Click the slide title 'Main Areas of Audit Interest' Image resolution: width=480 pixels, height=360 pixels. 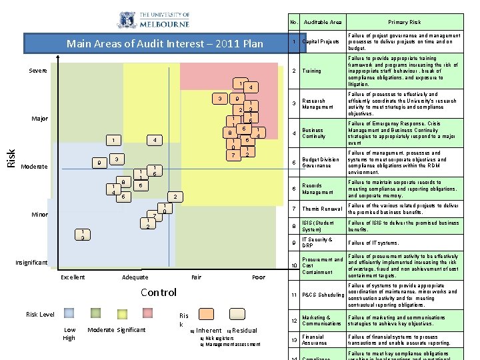click(x=165, y=45)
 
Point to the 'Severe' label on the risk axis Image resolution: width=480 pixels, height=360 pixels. click(x=38, y=71)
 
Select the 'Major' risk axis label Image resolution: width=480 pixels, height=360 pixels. click(x=40, y=119)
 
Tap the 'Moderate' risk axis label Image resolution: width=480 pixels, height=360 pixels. click(x=34, y=166)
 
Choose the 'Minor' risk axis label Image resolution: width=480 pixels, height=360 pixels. click(x=39, y=215)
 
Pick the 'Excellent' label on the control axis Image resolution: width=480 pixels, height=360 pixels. click(x=73, y=277)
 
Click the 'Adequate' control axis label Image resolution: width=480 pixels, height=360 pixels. click(x=135, y=277)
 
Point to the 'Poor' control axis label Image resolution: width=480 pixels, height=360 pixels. click(x=259, y=277)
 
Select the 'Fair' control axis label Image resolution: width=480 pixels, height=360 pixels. click(x=197, y=277)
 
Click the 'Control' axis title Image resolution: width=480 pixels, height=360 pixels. click(x=159, y=292)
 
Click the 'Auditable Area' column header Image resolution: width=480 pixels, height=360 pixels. click(x=323, y=22)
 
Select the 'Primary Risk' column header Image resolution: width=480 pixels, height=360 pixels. click(x=405, y=22)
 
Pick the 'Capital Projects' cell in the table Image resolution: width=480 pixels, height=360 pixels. click(x=321, y=42)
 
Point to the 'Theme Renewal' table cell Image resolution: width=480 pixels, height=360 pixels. click(x=322, y=209)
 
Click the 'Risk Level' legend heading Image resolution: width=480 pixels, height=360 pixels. click(x=40, y=314)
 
